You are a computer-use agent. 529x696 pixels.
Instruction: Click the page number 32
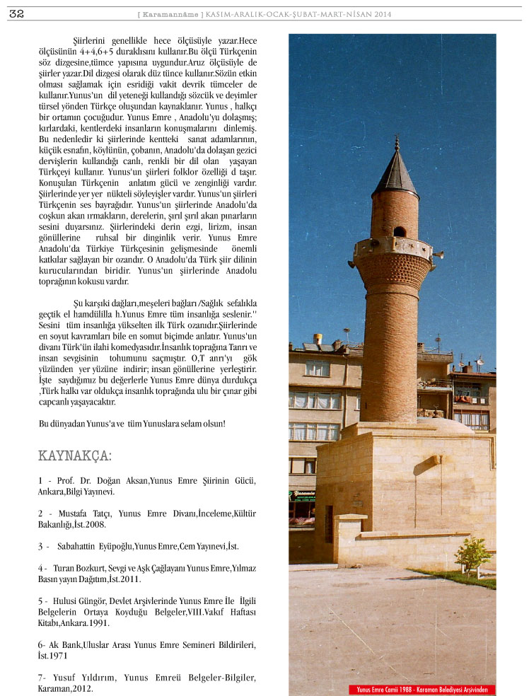coord(16,13)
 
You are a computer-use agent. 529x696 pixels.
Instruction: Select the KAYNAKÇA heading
coord(75,455)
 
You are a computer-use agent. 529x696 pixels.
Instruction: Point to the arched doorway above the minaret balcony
coord(400,231)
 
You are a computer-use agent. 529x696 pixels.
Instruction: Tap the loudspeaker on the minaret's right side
coord(438,254)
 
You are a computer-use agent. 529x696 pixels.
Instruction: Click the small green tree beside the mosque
coord(473,555)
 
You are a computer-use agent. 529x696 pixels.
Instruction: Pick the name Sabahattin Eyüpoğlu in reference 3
coord(95,546)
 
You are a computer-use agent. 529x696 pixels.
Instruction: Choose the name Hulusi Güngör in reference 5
coord(79,601)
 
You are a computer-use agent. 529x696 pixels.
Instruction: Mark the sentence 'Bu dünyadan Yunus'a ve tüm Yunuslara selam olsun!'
coord(132,423)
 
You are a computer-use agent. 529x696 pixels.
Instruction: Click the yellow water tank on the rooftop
coord(318,339)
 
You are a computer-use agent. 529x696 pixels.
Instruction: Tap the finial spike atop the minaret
coord(397,143)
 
